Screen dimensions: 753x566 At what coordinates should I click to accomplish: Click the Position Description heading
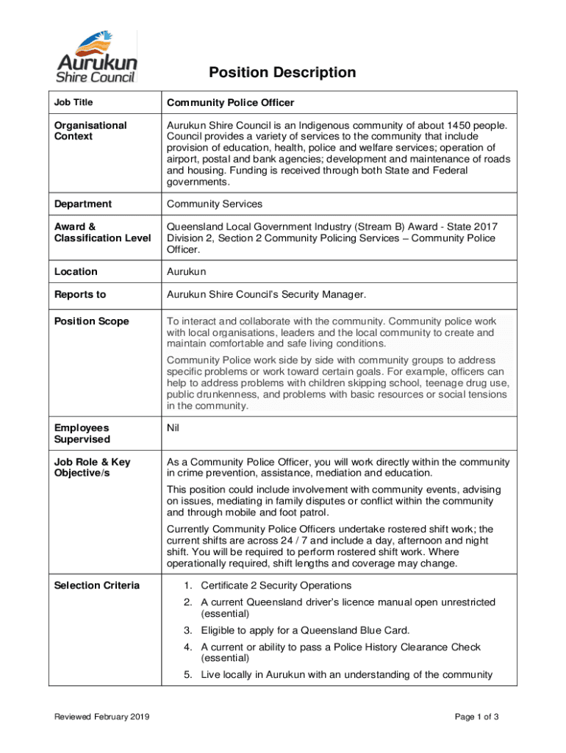pos(282,72)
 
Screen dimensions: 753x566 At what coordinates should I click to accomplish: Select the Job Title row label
pos(74,102)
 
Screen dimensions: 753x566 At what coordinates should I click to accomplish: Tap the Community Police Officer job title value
pos(230,102)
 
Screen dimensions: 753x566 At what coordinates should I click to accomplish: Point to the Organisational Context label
pos(90,131)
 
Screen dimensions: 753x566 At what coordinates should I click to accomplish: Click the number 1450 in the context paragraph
pos(448,125)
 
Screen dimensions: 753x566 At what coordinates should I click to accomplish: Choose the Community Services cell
pos(214,204)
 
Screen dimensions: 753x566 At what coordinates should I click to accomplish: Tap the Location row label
pos(76,271)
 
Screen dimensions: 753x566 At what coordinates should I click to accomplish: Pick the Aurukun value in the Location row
pos(187,271)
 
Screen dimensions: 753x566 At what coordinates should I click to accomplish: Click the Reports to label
pos(80,294)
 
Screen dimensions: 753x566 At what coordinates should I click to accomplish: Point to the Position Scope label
pos(91,321)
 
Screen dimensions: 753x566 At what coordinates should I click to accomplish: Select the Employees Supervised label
pos(82,433)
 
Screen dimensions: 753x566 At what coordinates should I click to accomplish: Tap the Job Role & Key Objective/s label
pos(92,468)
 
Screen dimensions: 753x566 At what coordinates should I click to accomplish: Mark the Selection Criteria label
pos(96,585)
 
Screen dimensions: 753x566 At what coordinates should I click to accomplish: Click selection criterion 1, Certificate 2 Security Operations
pos(276,585)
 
